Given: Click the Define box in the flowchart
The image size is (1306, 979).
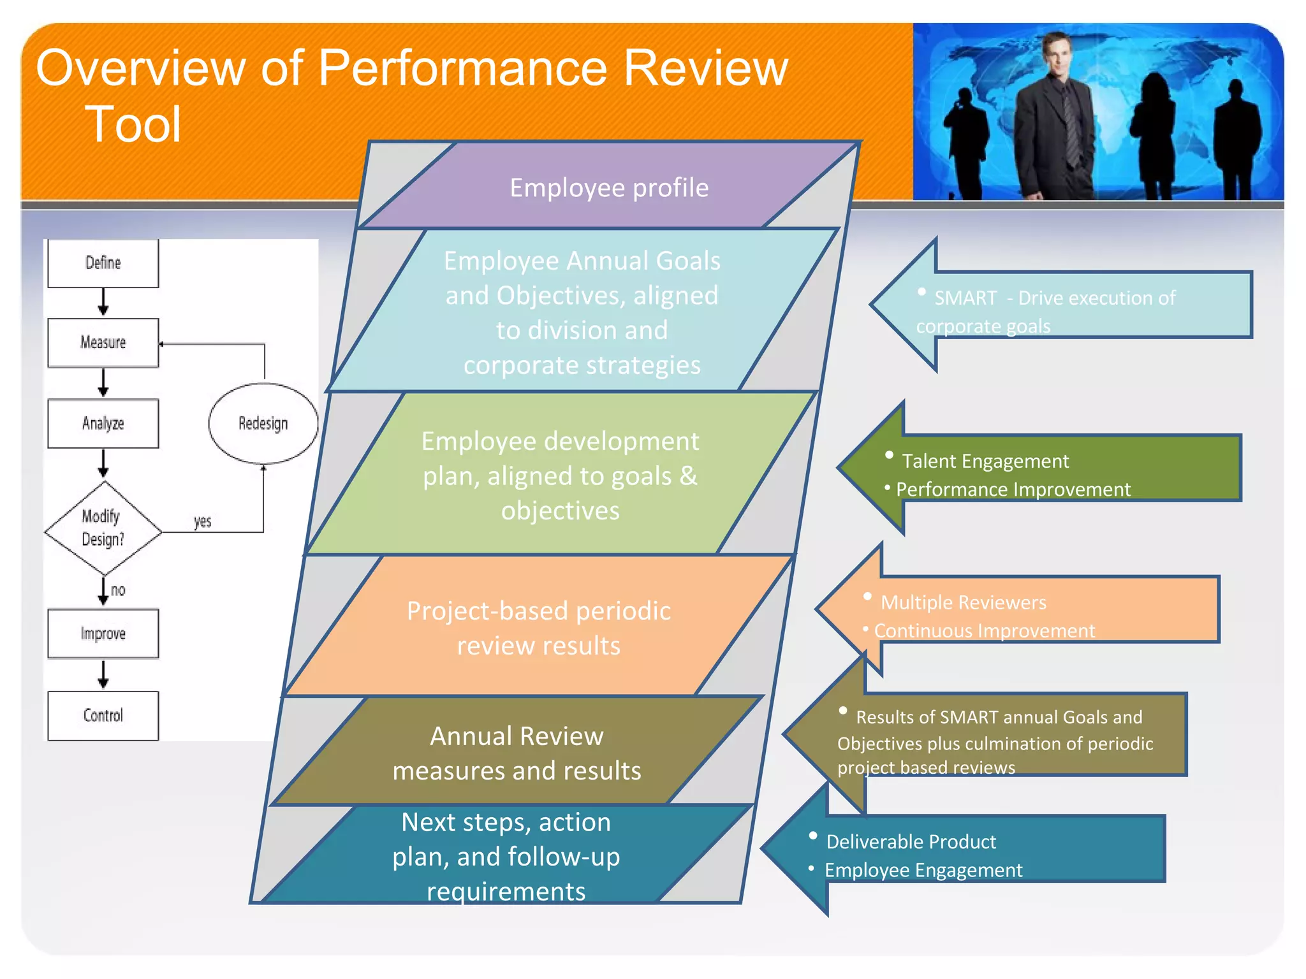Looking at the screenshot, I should (103, 263).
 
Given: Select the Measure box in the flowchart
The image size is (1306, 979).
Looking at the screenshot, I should (103, 343).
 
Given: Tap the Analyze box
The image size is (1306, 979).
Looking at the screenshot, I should (103, 423).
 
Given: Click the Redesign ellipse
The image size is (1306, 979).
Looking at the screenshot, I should (263, 423).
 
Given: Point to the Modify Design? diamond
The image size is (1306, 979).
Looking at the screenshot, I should (103, 528).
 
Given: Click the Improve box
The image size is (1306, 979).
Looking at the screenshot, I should (103, 634).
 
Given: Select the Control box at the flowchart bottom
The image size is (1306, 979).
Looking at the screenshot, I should (103, 715).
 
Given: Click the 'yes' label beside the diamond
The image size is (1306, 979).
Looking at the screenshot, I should (202, 521).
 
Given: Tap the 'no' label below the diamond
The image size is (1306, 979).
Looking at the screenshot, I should (118, 590).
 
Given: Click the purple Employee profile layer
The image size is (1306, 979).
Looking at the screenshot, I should (609, 188).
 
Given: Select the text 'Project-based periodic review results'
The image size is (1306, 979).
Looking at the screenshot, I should (539, 628).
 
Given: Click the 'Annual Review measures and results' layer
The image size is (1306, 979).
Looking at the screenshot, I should (517, 753).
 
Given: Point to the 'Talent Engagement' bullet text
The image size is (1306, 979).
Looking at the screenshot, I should (985, 461).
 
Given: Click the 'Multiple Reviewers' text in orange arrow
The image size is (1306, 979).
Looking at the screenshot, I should (963, 602).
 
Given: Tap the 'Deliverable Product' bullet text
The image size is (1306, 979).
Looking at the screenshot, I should (911, 842).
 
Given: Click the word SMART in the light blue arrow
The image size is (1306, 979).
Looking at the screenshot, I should (965, 298).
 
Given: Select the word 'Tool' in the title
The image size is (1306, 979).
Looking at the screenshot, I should (133, 124).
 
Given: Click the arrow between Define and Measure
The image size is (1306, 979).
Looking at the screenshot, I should (103, 302).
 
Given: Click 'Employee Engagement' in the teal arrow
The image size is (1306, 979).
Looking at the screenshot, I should (923, 870).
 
